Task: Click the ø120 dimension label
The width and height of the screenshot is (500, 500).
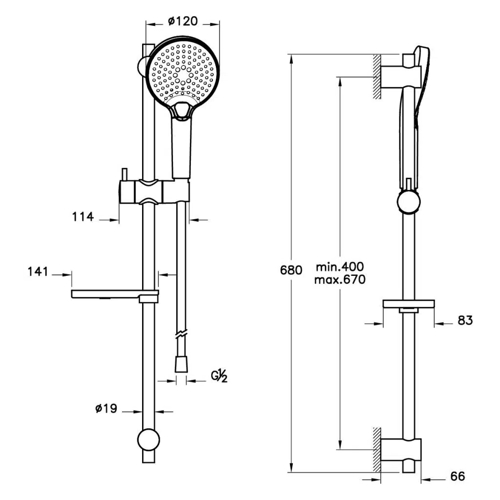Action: [182, 21]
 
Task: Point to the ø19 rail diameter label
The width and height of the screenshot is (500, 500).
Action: [106, 408]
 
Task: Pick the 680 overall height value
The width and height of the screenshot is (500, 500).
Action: [292, 270]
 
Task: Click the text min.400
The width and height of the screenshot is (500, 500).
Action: [340, 267]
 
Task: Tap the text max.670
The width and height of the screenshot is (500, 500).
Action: [340, 280]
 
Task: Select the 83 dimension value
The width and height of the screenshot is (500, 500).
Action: [465, 320]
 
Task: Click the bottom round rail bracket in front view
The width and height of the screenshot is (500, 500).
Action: [148, 438]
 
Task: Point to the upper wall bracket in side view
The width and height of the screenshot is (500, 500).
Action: [400, 77]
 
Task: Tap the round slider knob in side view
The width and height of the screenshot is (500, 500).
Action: [408, 202]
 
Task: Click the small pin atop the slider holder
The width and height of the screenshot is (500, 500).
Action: [125, 174]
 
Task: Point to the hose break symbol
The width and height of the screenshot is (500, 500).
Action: [181, 336]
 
